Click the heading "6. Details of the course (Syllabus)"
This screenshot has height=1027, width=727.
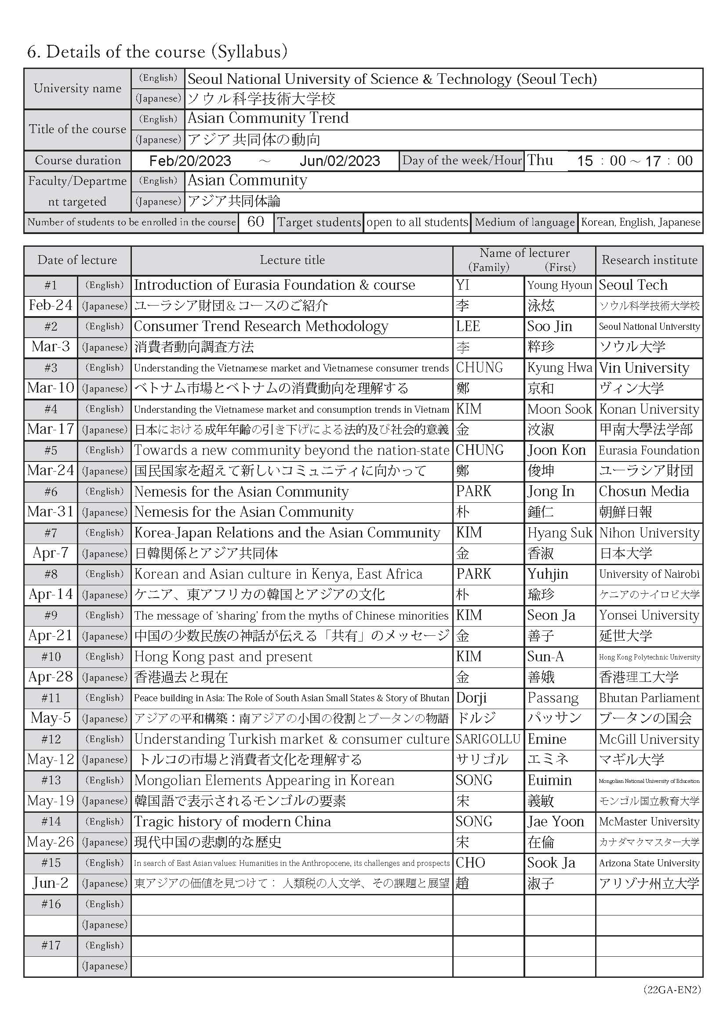click(157, 52)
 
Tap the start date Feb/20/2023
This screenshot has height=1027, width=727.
click(190, 161)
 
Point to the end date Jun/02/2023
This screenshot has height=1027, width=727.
click(340, 161)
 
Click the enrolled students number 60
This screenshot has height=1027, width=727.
click(256, 222)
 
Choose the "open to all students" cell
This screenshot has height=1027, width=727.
click(417, 222)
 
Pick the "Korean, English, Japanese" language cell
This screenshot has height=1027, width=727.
click(640, 222)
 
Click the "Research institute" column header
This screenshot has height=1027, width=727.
click(649, 260)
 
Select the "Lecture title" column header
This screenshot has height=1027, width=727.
click(292, 260)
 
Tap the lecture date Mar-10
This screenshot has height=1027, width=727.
click(51, 388)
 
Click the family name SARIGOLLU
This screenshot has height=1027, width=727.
click(488, 739)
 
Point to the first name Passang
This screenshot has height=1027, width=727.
click(553, 698)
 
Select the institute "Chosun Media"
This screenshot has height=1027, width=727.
click(644, 492)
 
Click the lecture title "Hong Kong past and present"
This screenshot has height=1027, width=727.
click(223, 656)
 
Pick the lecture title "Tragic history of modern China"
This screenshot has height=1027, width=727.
click(233, 822)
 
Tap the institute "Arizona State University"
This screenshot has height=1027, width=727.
click(649, 863)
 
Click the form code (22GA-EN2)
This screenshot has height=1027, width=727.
click(672, 990)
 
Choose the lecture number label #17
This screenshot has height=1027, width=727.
click(51, 946)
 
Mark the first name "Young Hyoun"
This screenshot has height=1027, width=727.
click(560, 285)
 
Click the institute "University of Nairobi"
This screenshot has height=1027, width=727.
click(649, 574)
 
